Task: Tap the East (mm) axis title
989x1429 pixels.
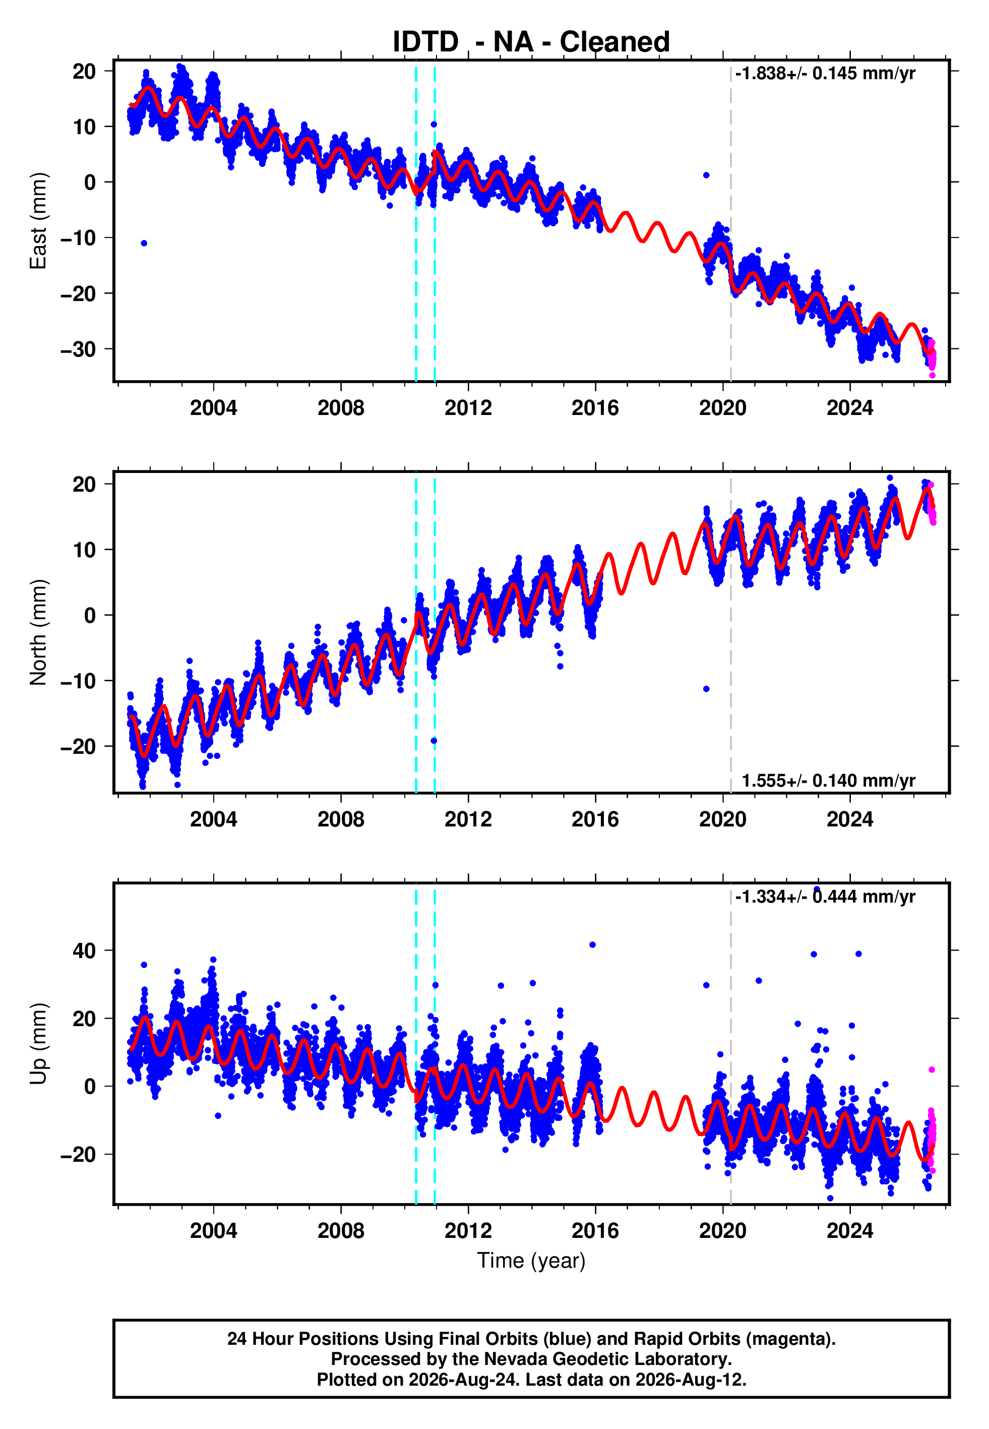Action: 38,221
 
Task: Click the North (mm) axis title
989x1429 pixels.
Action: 38,632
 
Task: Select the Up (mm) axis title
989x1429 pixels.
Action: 38,1044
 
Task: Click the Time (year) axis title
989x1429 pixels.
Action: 531,1261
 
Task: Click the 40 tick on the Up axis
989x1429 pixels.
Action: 84,950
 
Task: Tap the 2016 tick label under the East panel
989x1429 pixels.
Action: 595,408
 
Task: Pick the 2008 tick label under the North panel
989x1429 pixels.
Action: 341,819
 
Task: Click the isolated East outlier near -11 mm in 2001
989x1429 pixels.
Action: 144,244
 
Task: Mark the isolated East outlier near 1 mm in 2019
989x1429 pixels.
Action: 706,175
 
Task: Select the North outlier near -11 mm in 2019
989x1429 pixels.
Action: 706,689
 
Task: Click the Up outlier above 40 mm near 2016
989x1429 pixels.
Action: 592,945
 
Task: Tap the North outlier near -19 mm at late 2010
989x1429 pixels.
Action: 434,741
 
